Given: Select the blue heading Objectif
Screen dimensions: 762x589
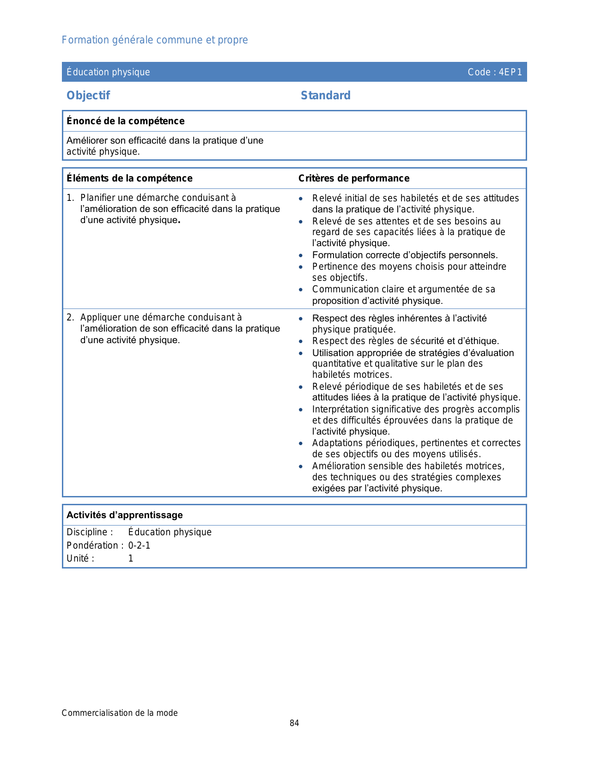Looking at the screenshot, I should pyautogui.click(x=88, y=96).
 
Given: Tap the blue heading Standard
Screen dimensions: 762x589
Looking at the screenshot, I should pyautogui.click(x=325, y=96).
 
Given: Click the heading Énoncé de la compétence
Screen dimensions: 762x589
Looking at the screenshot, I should pyautogui.click(x=125, y=121).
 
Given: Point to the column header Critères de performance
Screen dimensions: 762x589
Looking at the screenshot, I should pyautogui.click(x=353, y=178).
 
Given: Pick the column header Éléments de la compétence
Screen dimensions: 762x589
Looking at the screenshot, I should pyautogui.click(x=129, y=178).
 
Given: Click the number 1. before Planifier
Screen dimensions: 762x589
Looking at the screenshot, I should pyautogui.click(x=70, y=198).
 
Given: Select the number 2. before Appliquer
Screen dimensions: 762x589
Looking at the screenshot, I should pyautogui.click(x=70, y=317).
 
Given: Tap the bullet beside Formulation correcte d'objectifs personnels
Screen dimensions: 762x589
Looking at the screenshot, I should pyautogui.click(x=301, y=255).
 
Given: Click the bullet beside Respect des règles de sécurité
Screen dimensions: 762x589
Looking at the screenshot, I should pyautogui.click(x=301, y=341).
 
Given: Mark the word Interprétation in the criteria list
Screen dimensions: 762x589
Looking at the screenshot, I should pyautogui.click(x=340, y=409).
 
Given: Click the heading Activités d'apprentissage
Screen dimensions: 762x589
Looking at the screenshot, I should pyautogui.click(x=124, y=515).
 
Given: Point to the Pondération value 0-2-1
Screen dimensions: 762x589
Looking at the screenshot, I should pyautogui.click(x=139, y=545).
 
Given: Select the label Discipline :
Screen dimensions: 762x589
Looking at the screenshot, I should pyautogui.click(x=90, y=532).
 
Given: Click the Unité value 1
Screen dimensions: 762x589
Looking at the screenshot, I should pyautogui.click(x=131, y=558).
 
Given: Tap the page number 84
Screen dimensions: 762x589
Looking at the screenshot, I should pyautogui.click(x=294, y=723).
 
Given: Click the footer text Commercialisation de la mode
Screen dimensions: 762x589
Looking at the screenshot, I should pyautogui.click(x=120, y=713).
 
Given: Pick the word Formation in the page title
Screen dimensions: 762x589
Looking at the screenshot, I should pyautogui.click(x=85, y=40).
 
